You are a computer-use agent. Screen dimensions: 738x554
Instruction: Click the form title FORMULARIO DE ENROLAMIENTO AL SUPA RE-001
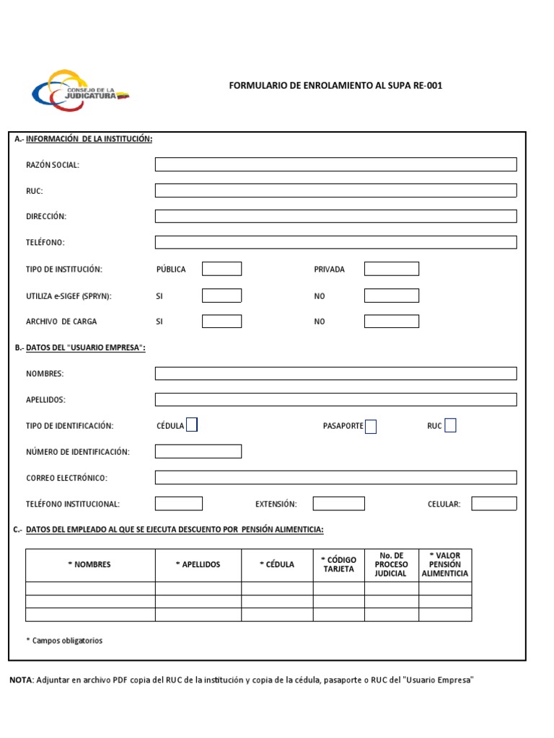click(x=335, y=86)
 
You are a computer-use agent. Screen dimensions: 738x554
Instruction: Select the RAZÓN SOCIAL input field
click(x=335, y=164)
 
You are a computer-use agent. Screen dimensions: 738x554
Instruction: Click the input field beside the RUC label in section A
click(x=335, y=190)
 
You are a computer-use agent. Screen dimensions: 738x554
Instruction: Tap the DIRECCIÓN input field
click(x=335, y=216)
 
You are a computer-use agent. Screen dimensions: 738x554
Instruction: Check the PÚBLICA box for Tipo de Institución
click(x=221, y=269)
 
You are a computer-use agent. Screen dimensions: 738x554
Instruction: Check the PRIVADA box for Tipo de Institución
click(x=391, y=269)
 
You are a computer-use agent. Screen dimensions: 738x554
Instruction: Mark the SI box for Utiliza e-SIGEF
click(x=221, y=295)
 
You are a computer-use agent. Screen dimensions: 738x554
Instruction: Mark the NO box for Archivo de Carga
click(x=391, y=321)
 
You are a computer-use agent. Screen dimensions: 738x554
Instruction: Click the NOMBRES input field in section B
click(x=335, y=373)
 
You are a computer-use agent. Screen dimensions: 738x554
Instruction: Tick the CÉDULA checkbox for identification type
click(x=192, y=425)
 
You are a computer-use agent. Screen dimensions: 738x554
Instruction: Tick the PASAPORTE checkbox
click(x=371, y=427)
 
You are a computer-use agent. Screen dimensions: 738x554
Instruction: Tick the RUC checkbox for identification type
click(x=450, y=425)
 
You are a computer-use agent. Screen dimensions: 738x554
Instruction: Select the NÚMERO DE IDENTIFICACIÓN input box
click(x=198, y=451)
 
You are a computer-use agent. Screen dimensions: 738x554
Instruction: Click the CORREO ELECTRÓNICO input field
click(x=335, y=477)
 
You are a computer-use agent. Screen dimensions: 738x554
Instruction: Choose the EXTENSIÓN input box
click(x=338, y=503)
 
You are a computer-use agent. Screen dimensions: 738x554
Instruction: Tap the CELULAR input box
click(x=494, y=503)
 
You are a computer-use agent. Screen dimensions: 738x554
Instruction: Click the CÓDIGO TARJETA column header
click(x=338, y=564)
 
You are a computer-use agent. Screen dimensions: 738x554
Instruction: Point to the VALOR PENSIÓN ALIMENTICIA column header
click(x=445, y=564)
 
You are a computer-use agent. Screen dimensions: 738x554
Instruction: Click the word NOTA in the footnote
click(x=20, y=680)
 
